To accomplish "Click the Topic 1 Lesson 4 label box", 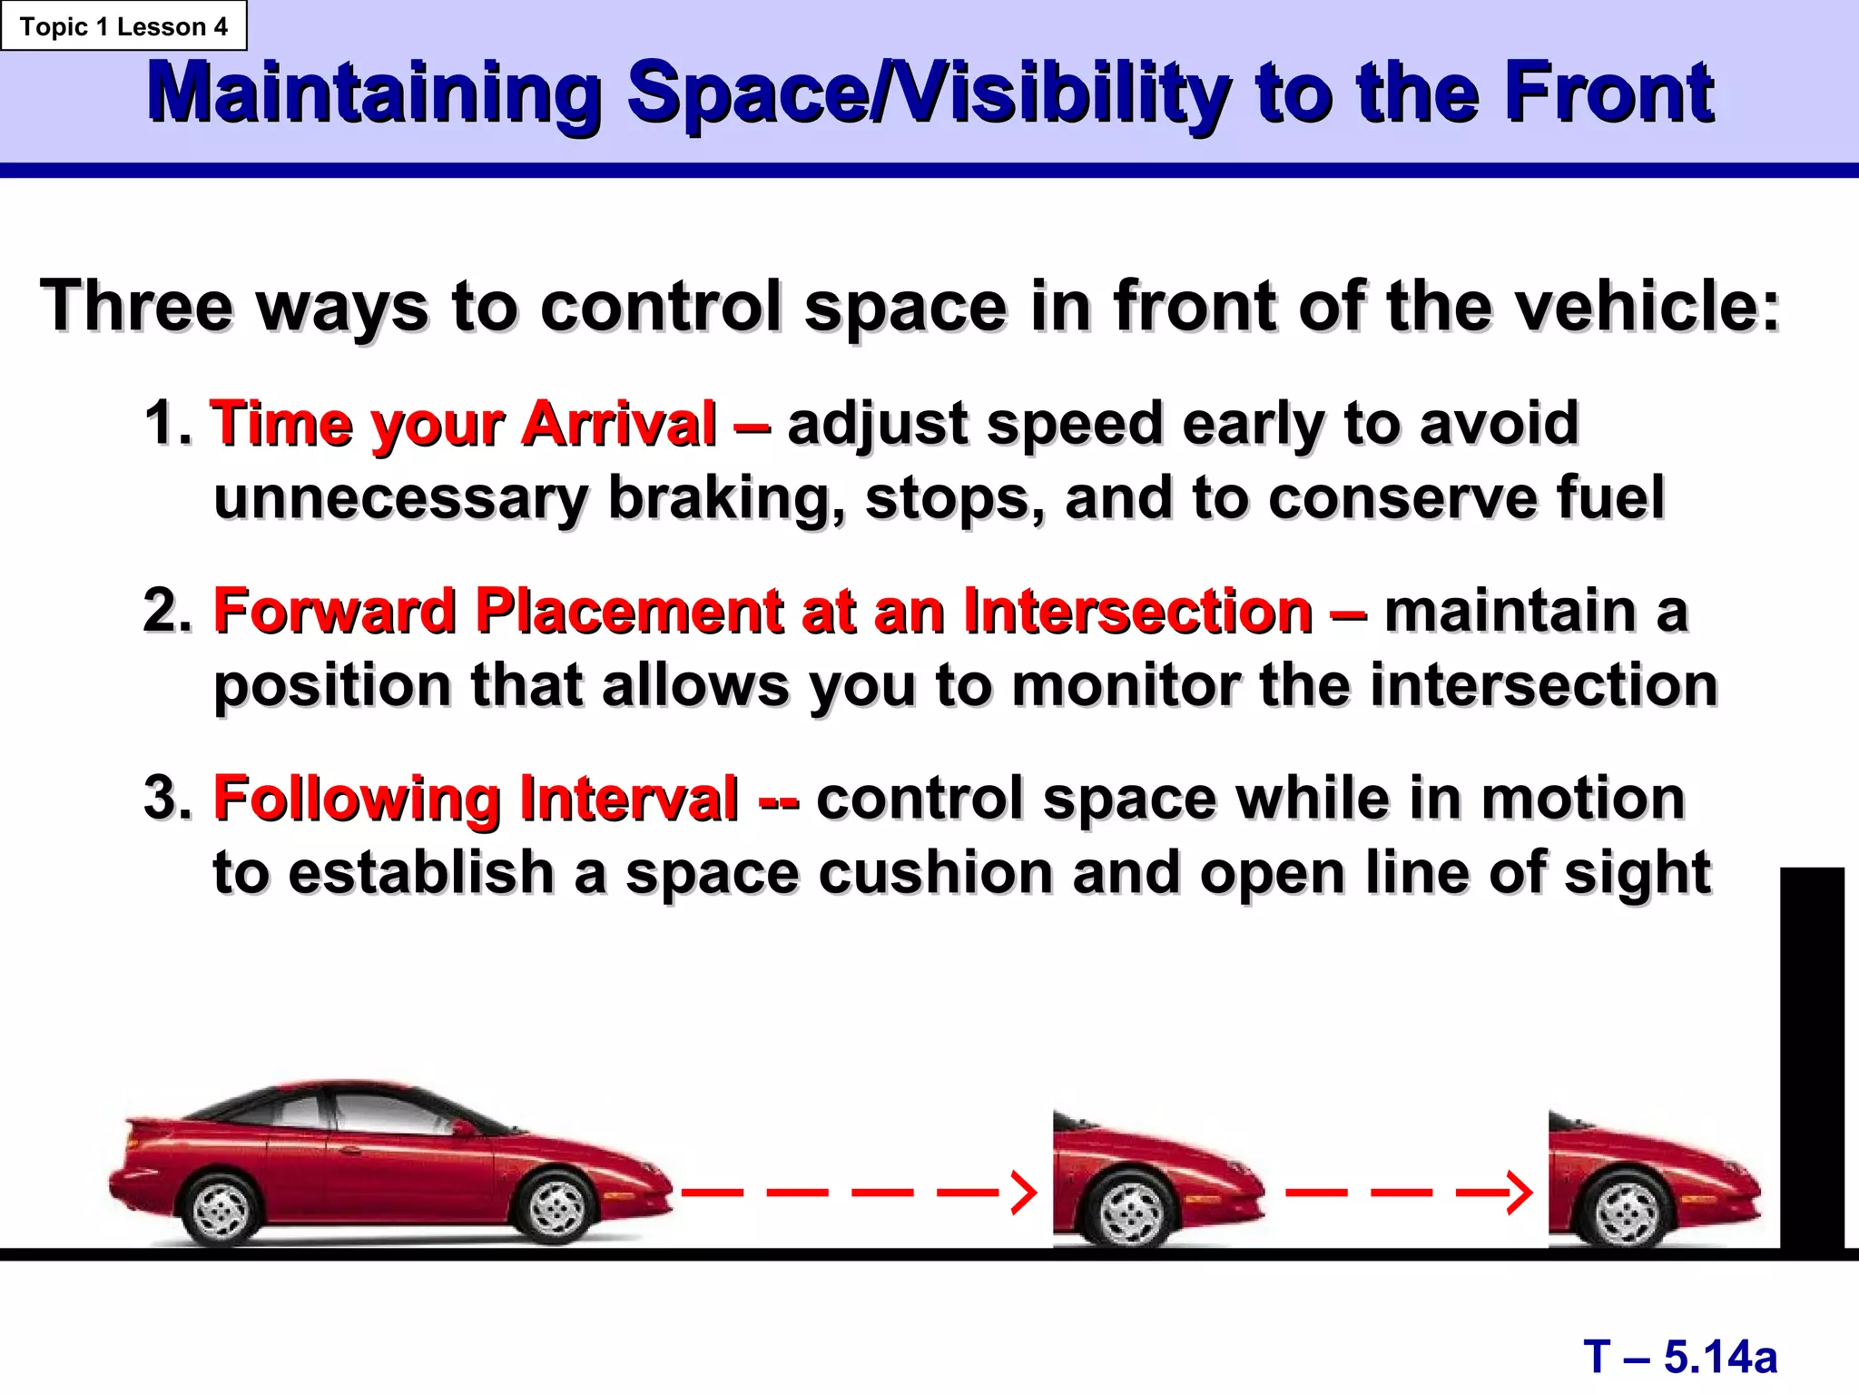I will coord(123,26).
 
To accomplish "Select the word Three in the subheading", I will coord(136,306).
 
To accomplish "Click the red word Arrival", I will coord(619,424).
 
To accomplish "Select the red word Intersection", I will coord(1137,611).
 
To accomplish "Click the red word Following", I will coord(357,799).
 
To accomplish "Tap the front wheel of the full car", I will coord(556,1207).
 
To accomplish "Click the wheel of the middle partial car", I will coord(1131,1212).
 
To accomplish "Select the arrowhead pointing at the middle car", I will coord(1023,1193).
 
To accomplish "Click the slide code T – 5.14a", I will coord(1680,1357).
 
